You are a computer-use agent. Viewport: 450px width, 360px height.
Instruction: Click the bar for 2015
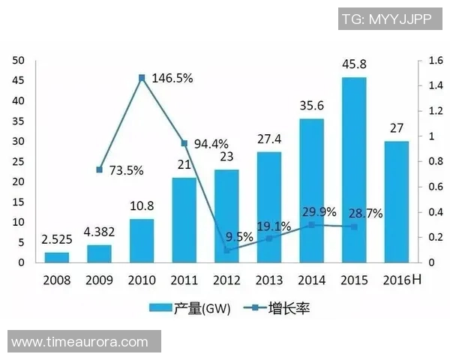pyautogui.click(x=354, y=169)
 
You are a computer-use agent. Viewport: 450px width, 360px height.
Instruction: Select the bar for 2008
pyautogui.click(x=56, y=257)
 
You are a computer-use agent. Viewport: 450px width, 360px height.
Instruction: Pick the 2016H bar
pyautogui.click(x=397, y=202)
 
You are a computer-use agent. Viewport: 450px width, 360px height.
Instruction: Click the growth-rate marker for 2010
pyautogui.click(x=142, y=77)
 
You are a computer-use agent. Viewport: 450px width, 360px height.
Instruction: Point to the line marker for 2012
pyautogui.click(x=226, y=250)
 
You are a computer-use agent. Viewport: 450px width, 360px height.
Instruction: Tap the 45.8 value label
pyautogui.click(x=354, y=65)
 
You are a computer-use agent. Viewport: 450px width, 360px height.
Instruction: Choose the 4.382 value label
pyautogui.click(x=99, y=232)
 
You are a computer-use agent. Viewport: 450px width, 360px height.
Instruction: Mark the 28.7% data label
pyautogui.click(x=364, y=213)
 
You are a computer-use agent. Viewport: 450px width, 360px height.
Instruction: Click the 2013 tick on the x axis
pyautogui.click(x=268, y=280)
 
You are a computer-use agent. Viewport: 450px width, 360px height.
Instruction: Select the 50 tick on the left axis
pyautogui.click(x=19, y=61)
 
